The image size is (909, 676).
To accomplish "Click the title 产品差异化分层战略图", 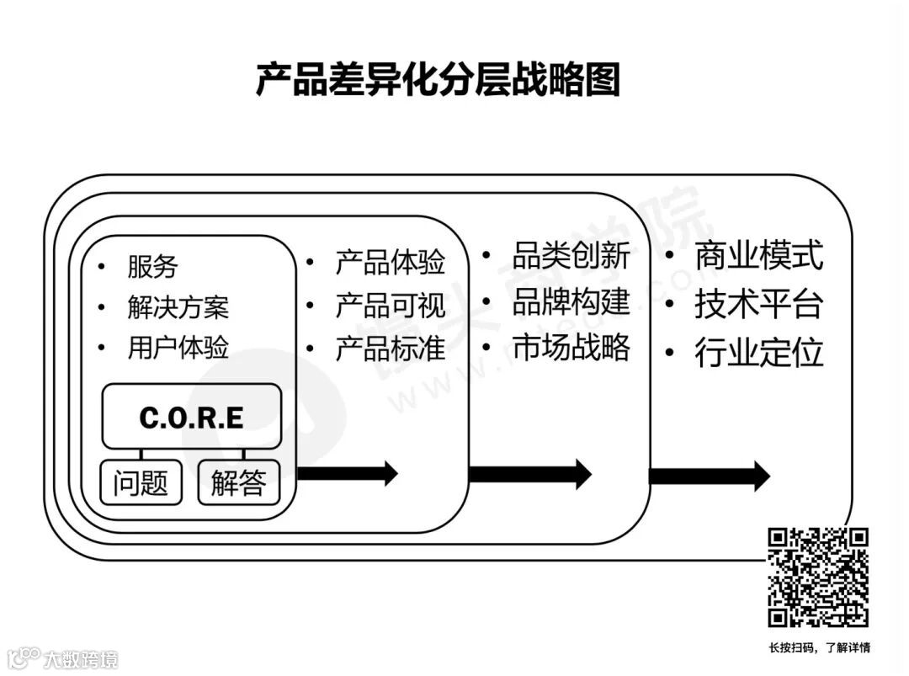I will [438, 81].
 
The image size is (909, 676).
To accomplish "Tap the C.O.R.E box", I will [191, 418].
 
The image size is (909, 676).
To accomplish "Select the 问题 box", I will [141, 483].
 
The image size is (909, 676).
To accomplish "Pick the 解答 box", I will [238, 483].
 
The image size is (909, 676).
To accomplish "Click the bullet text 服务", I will [152, 267].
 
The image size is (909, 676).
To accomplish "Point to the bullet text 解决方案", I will [178, 307].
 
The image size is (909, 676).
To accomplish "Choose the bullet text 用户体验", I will [178, 348].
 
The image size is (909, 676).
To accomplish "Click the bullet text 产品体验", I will [390, 262].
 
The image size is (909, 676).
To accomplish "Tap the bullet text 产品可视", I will [390, 305].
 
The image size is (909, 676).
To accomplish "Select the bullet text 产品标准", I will [390, 348].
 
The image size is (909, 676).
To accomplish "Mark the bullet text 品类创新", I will [571, 255].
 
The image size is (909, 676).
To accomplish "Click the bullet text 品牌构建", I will [571, 301].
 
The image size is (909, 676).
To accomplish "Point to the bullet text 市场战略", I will [571, 347].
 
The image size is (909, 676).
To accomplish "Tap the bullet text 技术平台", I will [758, 305].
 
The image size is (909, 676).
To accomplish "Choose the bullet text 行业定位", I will [758, 354].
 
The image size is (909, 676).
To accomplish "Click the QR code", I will [817, 578].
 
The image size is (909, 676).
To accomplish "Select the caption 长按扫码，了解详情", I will [819, 647].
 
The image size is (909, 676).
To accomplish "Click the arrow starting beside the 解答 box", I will [347, 473].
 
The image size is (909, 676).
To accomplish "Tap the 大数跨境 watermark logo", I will [63, 657].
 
